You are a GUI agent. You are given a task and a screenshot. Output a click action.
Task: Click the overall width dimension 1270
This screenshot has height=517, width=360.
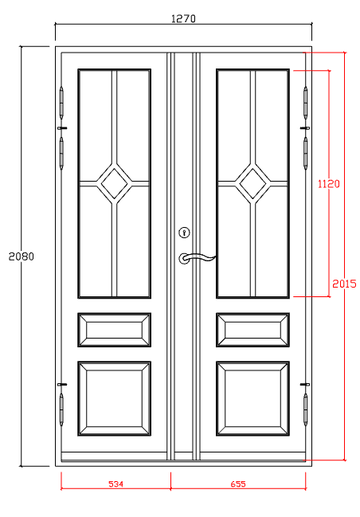coord(183,18)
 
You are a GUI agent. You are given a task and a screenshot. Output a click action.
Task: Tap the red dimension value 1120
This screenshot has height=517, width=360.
coord(328,183)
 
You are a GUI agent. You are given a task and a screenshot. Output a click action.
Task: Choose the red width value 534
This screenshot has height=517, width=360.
coord(116,484)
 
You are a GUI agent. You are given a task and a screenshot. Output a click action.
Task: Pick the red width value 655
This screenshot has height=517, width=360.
coord(239,484)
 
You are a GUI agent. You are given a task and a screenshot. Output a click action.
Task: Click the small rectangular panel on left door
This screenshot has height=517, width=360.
coord(115,330)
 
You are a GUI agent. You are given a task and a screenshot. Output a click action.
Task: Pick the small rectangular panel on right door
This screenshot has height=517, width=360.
coord(252,330)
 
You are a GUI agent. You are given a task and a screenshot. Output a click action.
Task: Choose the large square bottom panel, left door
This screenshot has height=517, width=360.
coord(115,398)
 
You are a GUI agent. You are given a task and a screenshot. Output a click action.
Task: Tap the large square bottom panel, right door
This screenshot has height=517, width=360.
coord(252,398)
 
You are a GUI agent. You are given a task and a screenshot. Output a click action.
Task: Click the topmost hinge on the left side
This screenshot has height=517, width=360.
coord(62,102)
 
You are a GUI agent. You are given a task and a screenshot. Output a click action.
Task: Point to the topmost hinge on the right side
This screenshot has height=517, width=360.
coord(305,102)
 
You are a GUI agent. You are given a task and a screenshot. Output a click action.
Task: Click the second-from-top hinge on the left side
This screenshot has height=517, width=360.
coord(62,151)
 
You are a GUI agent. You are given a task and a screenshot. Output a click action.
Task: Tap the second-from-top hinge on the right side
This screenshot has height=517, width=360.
coord(305,151)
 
